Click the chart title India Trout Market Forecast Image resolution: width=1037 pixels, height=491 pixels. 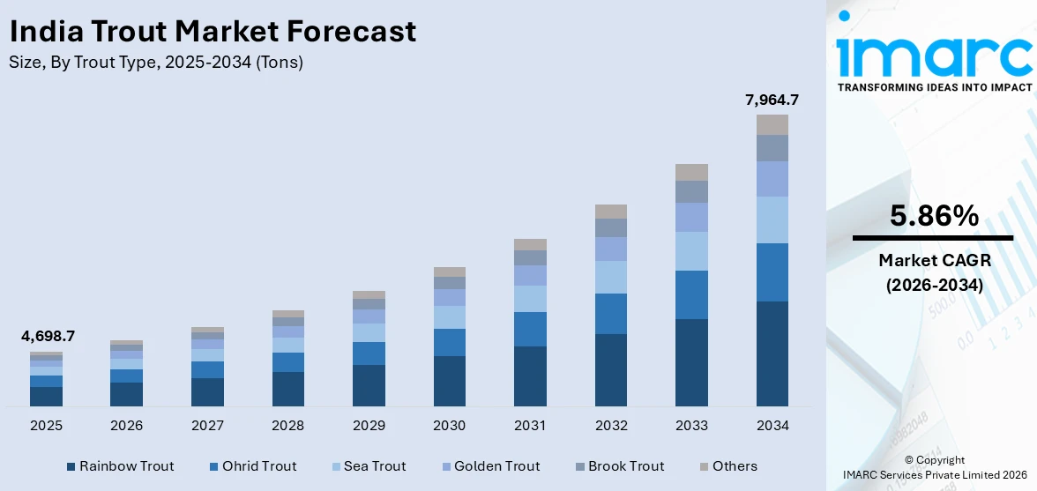pos(213,32)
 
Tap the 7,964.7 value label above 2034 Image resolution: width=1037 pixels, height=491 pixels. pos(772,100)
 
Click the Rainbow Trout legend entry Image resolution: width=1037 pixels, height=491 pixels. pos(120,466)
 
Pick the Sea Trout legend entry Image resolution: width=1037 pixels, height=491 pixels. pos(369,466)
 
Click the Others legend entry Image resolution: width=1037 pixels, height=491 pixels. pos(727,466)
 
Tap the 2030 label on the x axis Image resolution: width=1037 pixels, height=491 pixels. pos(450,426)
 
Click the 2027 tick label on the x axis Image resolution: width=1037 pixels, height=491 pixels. pos(207,426)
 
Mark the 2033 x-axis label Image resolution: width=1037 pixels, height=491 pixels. pos(691,426)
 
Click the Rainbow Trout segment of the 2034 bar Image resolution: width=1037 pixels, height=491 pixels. pos(772,353)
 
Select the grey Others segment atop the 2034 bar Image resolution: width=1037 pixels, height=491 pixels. pos(772,124)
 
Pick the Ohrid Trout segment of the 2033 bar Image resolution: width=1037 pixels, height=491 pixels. pos(691,294)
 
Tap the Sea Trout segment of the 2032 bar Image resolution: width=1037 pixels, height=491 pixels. pos(611,277)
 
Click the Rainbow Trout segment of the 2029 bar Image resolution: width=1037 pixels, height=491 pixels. pos(369,385)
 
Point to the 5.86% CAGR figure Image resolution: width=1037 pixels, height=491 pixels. pos(933,216)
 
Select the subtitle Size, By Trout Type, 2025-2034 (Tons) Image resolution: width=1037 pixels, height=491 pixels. pos(156,63)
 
